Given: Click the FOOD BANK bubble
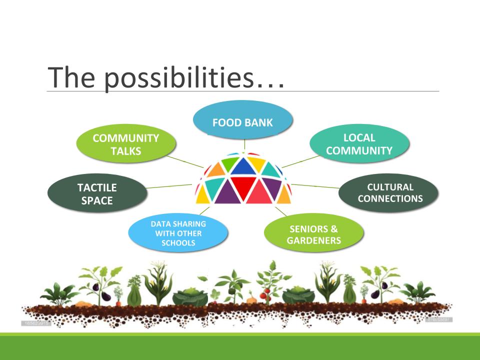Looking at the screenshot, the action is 243,119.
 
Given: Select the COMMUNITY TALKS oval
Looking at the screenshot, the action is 126,143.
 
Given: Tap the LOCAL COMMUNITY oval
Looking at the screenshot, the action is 359,143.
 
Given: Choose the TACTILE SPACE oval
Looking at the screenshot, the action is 97,193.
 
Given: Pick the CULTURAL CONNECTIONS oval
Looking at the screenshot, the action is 388,193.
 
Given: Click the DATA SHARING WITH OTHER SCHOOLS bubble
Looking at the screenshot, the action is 178,232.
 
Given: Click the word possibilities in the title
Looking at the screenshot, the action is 179,78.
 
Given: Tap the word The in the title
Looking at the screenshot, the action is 71,77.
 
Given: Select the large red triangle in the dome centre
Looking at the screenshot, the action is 243,187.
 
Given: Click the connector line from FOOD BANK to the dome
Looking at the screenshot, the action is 244,144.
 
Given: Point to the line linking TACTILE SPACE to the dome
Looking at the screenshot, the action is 169,186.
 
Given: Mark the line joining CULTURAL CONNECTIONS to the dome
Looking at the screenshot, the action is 315,186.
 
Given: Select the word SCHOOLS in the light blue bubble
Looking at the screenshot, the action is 178,243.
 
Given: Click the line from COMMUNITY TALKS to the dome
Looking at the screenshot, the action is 185,161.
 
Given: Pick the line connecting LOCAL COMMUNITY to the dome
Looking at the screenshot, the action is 300,161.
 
